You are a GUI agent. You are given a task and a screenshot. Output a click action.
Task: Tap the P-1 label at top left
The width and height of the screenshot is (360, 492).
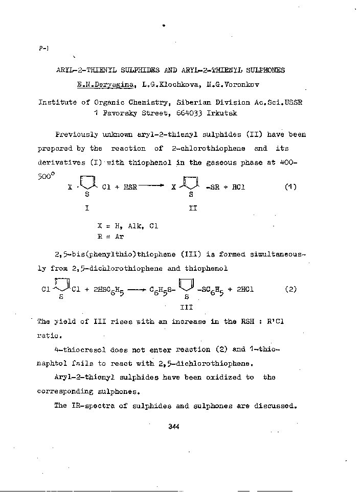(43, 49)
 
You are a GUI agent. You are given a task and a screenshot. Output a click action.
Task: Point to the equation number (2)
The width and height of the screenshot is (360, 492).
(290, 289)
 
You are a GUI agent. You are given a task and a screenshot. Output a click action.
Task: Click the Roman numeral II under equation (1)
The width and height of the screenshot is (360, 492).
(192, 208)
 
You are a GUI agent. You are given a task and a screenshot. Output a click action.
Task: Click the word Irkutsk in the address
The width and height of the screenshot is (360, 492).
(221, 113)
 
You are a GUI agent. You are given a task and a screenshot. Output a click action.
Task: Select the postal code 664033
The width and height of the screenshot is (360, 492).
(190, 113)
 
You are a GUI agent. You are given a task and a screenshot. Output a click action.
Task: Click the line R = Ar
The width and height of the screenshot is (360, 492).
(110, 236)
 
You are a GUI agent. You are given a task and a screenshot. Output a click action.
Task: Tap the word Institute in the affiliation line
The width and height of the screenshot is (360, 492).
(57, 102)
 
